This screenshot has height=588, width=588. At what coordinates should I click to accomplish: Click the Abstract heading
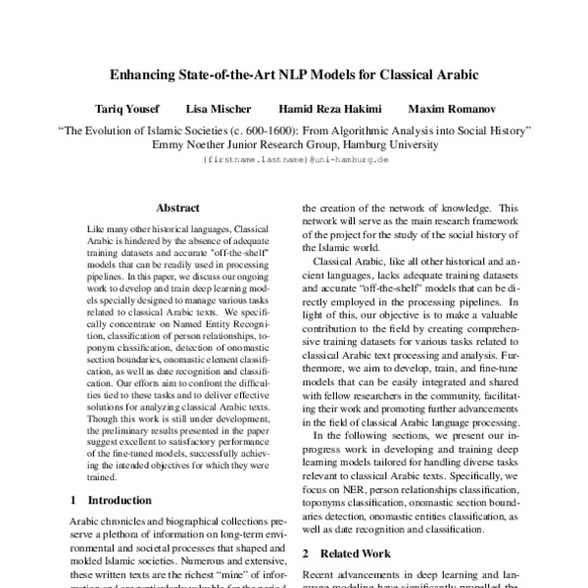point(177,208)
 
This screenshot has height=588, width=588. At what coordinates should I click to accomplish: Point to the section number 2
point(306,554)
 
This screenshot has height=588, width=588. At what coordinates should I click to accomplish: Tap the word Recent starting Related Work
point(319,576)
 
